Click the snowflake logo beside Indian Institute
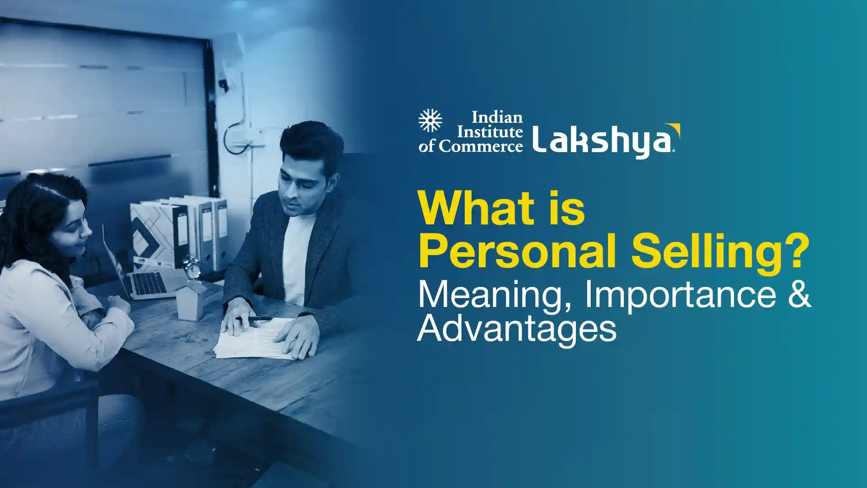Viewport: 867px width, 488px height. click(430, 121)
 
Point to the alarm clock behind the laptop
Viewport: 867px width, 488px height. click(192, 267)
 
